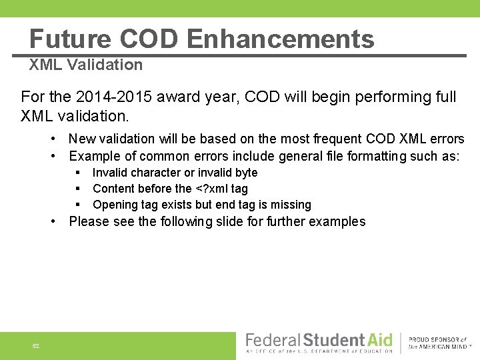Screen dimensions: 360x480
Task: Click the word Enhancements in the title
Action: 280,39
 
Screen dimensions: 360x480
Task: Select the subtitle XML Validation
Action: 85,65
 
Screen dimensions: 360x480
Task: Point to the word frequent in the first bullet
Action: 337,139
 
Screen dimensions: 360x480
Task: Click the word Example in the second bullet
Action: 93,156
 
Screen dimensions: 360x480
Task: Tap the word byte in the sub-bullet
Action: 245,173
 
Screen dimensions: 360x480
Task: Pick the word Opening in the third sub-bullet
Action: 114,205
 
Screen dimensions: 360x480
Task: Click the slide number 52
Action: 36,346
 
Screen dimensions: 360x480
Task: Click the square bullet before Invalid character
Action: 77,173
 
